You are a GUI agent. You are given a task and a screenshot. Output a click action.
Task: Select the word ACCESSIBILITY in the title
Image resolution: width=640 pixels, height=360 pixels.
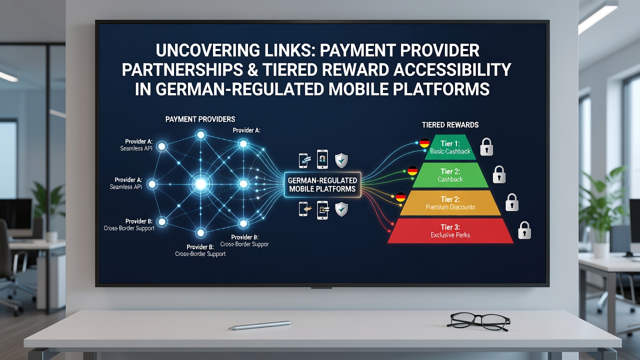452,69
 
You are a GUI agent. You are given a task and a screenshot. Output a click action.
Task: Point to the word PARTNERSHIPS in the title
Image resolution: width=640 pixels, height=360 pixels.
182,69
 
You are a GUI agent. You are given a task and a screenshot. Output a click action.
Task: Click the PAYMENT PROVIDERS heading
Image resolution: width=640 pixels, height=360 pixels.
200,119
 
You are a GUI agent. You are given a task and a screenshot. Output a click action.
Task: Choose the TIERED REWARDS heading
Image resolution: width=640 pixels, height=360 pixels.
450,125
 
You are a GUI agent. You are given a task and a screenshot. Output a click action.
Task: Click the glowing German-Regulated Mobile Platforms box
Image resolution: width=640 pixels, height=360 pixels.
322,185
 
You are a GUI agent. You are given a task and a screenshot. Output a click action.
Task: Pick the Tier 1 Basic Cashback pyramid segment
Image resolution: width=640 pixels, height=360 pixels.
450,147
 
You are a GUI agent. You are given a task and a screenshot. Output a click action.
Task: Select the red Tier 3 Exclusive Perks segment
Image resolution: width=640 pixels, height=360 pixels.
450,231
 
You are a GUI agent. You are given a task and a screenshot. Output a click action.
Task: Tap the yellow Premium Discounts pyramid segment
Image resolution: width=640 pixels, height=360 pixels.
450,203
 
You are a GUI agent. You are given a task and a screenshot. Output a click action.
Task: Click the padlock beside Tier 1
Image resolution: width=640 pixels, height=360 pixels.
486,147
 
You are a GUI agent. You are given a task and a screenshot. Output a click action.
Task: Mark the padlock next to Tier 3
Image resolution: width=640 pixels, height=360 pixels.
524,230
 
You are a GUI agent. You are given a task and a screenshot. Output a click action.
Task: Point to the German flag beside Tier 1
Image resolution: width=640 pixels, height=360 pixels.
424,142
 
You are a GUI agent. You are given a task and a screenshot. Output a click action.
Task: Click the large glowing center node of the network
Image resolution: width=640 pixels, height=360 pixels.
200,184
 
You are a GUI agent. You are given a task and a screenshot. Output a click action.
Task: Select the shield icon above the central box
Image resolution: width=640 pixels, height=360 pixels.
341,160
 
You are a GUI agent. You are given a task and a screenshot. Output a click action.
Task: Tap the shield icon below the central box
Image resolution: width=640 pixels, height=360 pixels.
341,209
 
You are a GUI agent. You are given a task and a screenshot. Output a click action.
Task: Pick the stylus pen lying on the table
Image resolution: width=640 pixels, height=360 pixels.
259,325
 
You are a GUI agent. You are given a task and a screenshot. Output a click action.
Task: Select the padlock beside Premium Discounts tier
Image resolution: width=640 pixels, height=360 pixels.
511,202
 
